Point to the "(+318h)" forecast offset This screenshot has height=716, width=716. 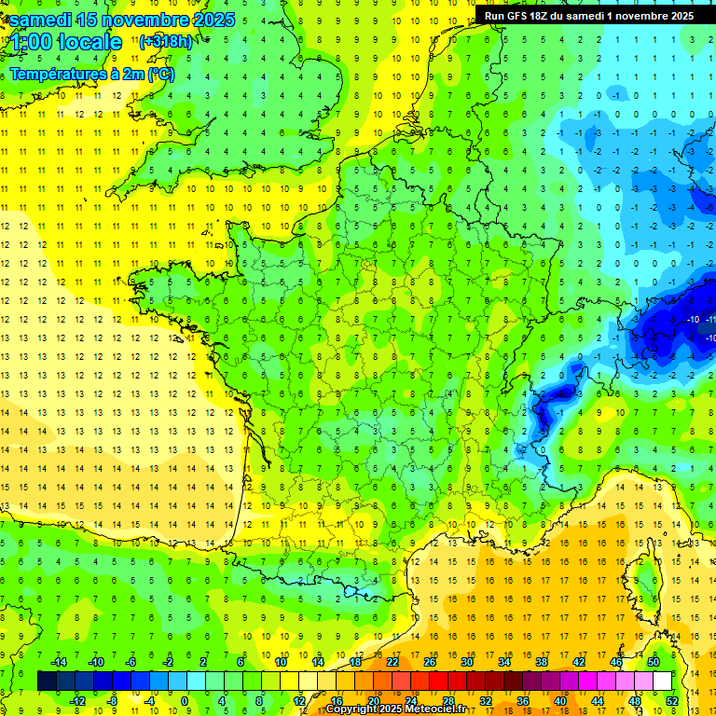pos(167,42)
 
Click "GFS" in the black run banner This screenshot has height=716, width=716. pos(520,16)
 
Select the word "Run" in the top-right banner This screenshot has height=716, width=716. pos(494,16)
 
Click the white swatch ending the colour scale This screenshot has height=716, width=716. pos(663,681)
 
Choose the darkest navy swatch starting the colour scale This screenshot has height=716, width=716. pos(47,681)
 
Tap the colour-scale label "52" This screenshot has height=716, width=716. pos(672,700)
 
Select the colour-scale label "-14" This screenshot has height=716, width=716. pos(58,661)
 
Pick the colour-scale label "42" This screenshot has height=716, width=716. pos(578,661)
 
